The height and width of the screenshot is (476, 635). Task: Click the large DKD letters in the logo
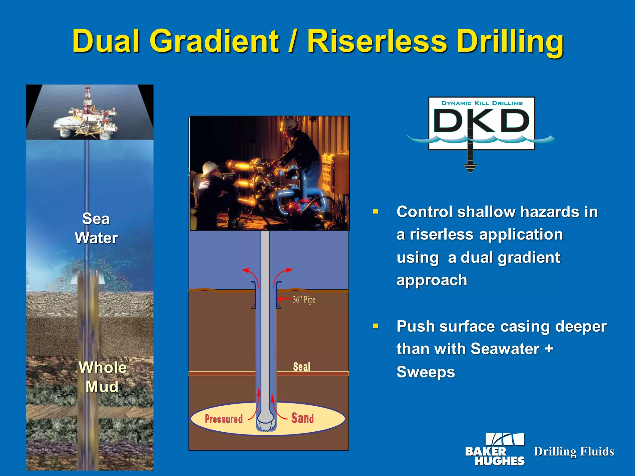point(481,121)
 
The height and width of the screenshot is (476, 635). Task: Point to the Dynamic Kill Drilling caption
point(482,103)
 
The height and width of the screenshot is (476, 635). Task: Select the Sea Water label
point(96,228)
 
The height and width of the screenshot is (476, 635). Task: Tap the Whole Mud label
point(102,377)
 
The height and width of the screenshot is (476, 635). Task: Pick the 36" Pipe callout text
point(304,300)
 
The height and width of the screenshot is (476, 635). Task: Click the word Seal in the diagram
point(301,367)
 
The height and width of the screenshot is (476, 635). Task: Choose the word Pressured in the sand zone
point(224,419)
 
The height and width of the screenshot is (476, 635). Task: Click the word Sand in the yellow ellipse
point(302,418)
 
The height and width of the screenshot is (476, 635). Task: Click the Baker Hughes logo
point(495,450)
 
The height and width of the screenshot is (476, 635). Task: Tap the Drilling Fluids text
point(574,452)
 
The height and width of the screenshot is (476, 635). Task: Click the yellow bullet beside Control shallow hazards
point(376,212)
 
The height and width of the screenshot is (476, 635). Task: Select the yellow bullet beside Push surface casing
point(376,326)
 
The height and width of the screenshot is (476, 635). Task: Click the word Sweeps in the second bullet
point(425,372)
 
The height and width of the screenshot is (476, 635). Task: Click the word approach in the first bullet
point(432,280)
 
